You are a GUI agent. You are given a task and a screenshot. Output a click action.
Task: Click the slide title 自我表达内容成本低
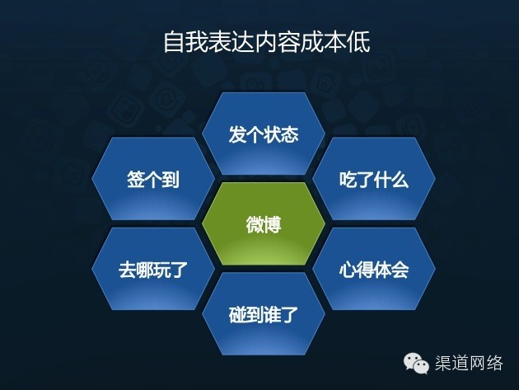coord(266,42)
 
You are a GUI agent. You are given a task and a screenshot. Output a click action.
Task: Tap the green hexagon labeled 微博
coord(264,223)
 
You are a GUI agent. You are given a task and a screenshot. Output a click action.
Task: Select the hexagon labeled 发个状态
coord(264,134)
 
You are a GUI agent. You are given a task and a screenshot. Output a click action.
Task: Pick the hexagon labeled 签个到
coord(153,179)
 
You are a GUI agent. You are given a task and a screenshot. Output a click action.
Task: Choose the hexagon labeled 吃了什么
coord(374,179)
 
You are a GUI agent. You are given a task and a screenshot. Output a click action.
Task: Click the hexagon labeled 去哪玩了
coord(153,269)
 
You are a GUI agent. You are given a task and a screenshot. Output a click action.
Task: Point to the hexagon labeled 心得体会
coord(374,269)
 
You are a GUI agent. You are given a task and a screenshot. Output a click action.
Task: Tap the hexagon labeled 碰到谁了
coord(264,314)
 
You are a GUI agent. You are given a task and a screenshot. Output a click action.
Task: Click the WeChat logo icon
coord(416,363)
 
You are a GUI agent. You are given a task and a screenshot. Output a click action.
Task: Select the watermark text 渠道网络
coord(469,363)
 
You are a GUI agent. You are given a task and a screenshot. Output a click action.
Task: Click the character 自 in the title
coord(174,42)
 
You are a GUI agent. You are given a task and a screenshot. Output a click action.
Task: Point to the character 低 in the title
coord(359,42)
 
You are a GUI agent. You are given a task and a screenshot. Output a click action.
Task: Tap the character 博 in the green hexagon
coord(273,224)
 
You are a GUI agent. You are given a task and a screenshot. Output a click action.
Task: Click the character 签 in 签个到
coord(136,179)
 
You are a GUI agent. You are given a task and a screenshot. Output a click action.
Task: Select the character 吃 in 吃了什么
coord(348,180)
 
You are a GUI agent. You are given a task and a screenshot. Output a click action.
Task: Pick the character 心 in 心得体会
coord(348,270)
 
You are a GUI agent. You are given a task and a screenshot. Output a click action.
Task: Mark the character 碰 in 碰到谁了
coord(237,314)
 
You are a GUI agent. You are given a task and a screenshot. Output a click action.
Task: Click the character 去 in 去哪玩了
coord(127,270)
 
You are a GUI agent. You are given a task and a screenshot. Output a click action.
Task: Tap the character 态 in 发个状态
coord(290,134)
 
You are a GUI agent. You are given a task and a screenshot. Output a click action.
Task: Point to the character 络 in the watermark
coord(494,363)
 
